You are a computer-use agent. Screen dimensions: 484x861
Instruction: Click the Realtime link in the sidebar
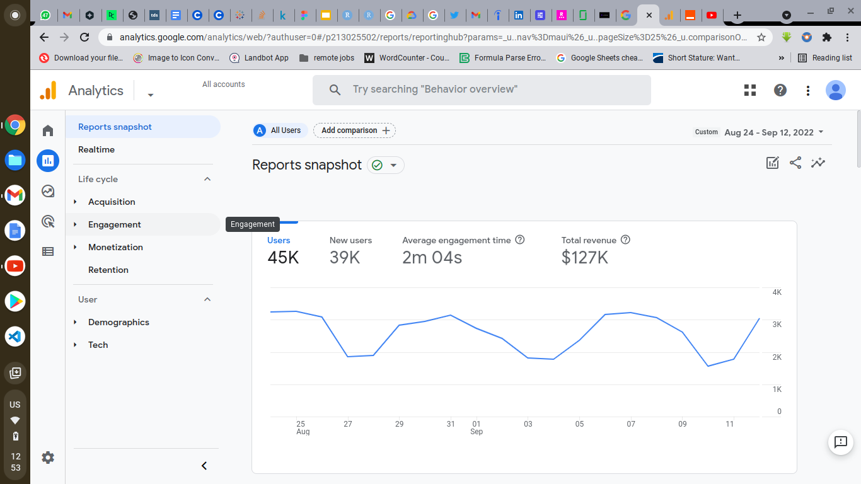pos(96,149)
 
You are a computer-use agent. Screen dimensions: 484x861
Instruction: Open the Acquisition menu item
pos(112,202)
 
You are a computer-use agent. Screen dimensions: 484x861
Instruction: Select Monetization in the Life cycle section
pos(115,247)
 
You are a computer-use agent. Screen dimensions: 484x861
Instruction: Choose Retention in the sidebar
pos(108,270)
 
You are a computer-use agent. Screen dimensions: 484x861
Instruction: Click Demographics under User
pos(118,322)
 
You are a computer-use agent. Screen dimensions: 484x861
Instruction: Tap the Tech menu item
pos(98,345)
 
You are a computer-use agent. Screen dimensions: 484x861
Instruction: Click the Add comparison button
pos(354,130)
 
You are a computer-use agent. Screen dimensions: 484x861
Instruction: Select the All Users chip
pos(280,130)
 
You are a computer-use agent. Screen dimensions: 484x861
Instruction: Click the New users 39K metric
pos(350,250)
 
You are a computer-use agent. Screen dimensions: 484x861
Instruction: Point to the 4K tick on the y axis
pos(777,292)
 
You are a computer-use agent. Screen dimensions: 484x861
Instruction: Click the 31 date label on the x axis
pos(451,424)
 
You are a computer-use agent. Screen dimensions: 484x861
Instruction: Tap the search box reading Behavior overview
pos(482,89)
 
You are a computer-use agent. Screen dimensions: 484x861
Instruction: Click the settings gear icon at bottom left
pos(48,458)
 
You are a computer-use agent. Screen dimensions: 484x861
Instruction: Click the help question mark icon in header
pos(780,90)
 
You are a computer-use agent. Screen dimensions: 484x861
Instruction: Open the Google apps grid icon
pos(750,90)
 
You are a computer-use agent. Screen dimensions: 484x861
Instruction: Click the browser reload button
pos(84,37)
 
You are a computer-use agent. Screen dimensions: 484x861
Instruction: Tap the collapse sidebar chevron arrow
pos(204,466)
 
